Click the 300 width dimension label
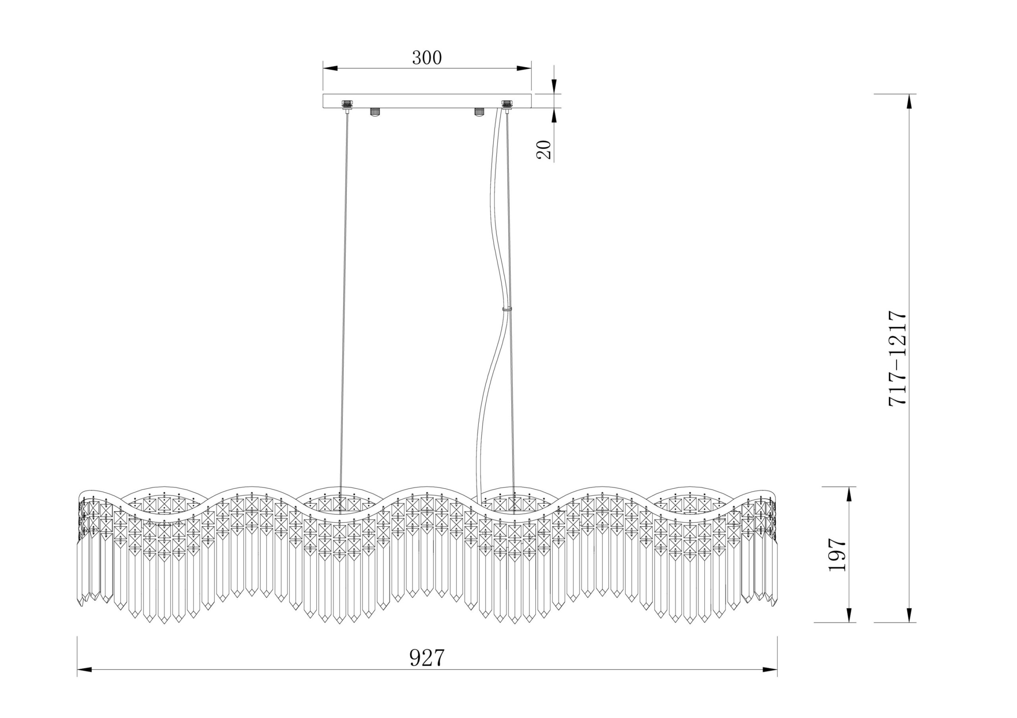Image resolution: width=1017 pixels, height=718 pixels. (427, 58)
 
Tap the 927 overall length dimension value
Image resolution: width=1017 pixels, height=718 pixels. (427, 658)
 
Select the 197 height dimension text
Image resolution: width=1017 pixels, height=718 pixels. (837, 554)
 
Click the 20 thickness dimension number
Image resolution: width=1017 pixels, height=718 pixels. (543, 150)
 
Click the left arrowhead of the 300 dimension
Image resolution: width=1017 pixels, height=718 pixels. (331, 69)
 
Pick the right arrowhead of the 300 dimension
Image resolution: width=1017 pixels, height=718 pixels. (524, 69)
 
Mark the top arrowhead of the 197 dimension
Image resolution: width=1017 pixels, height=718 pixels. (849, 495)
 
